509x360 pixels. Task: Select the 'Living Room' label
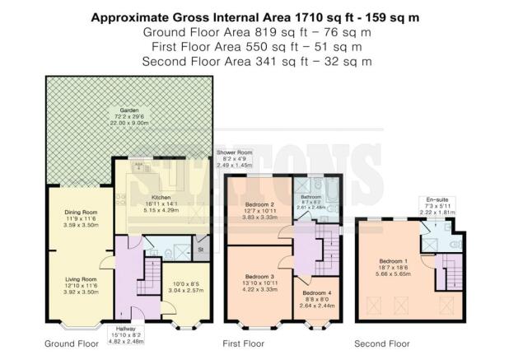(82, 278)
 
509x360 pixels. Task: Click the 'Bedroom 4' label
(316, 292)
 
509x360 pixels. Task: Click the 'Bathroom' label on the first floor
(311, 198)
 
